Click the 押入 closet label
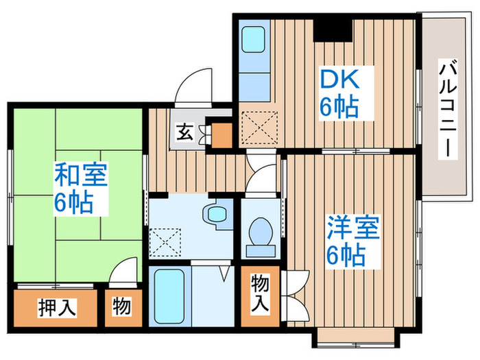[56, 307]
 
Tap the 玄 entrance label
[186, 131]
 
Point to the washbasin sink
[217, 214]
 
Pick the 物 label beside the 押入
[121, 307]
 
